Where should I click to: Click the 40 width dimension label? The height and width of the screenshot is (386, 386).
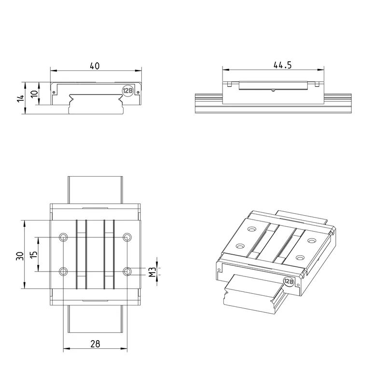point(95,66)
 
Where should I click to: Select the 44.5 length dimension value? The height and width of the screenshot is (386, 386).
point(282,65)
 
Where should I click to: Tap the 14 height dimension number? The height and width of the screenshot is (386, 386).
point(21,98)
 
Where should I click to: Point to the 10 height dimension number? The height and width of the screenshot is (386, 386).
point(34,94)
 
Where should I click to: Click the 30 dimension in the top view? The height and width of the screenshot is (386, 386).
point(20,256)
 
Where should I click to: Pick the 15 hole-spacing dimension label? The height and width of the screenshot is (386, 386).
point(33,255)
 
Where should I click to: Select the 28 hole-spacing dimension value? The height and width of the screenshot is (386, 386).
point(95,344)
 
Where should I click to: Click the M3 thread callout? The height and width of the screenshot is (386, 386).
point(152,272)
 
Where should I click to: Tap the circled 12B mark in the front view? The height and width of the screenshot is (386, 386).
point(127,91)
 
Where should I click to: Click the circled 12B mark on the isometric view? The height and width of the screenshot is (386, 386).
point(289,281)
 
